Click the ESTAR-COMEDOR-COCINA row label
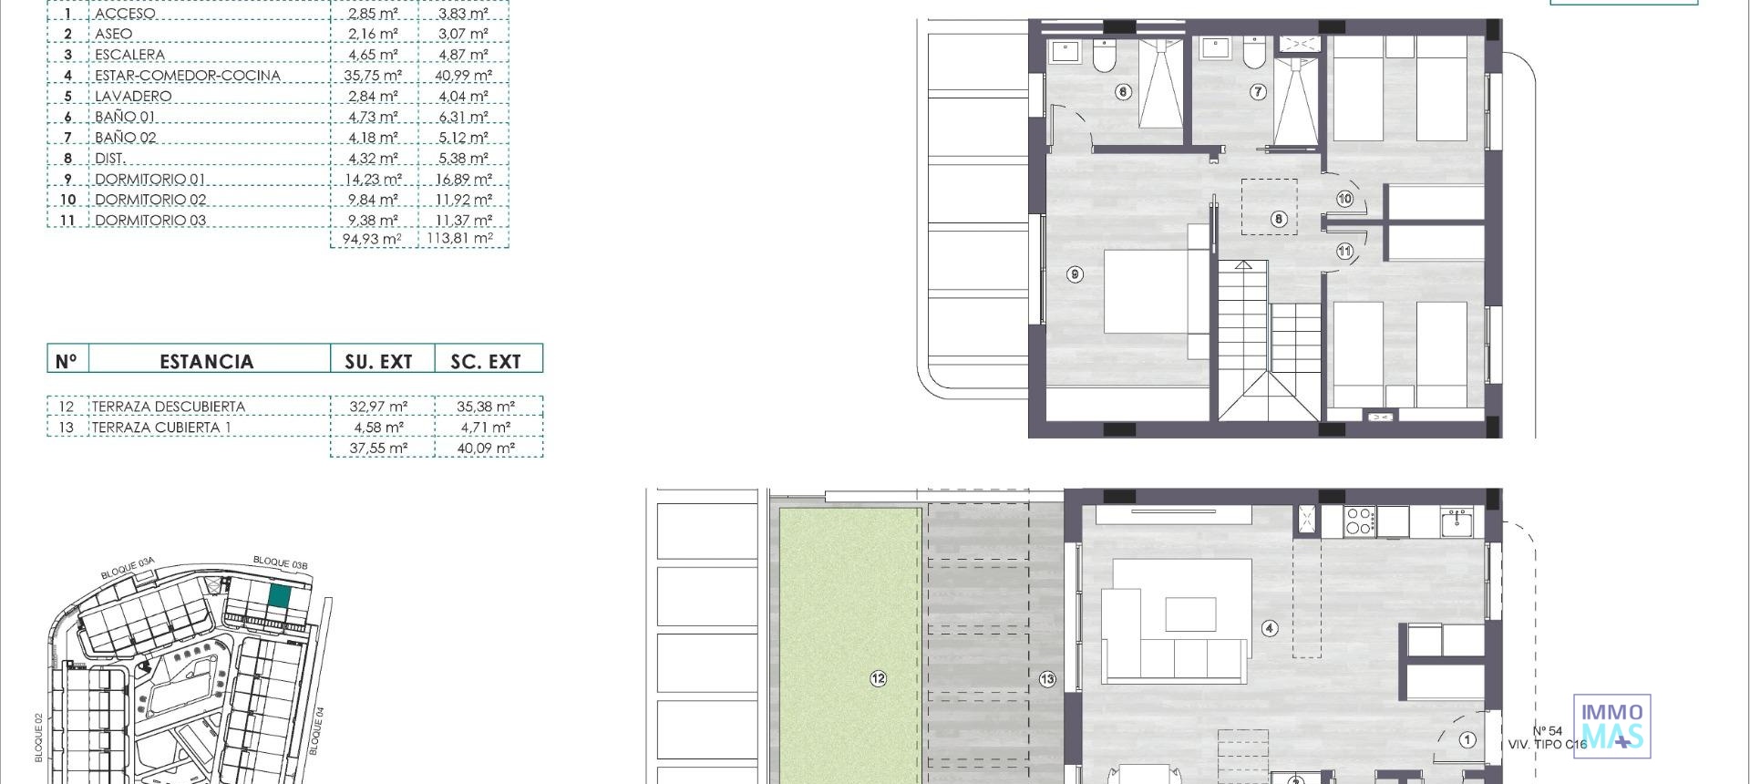tap(187, 76)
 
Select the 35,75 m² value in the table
tap(373, 76)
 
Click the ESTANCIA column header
tap(207, 361)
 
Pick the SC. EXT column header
tap(486, 361)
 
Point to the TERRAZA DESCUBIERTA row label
tap(169, 407)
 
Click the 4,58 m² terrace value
tap(377, 428)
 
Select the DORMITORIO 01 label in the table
tap(150, 180)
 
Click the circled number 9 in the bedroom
tap(1076, 274)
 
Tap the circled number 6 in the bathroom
tap(1123, 91)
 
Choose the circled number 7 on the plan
tap(1258, 91)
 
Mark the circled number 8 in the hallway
tap(1279, 219)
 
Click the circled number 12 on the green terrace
tap(878, 678)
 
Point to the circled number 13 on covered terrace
tap(1047, 678)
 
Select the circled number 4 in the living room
tap(1269, 628)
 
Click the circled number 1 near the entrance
tap(1467, 740)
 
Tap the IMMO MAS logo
tap(1612, 726)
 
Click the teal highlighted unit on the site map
tap(280, 597)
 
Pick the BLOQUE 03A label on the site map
tap(128, 568)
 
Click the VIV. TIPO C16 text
tap(1547, 745)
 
